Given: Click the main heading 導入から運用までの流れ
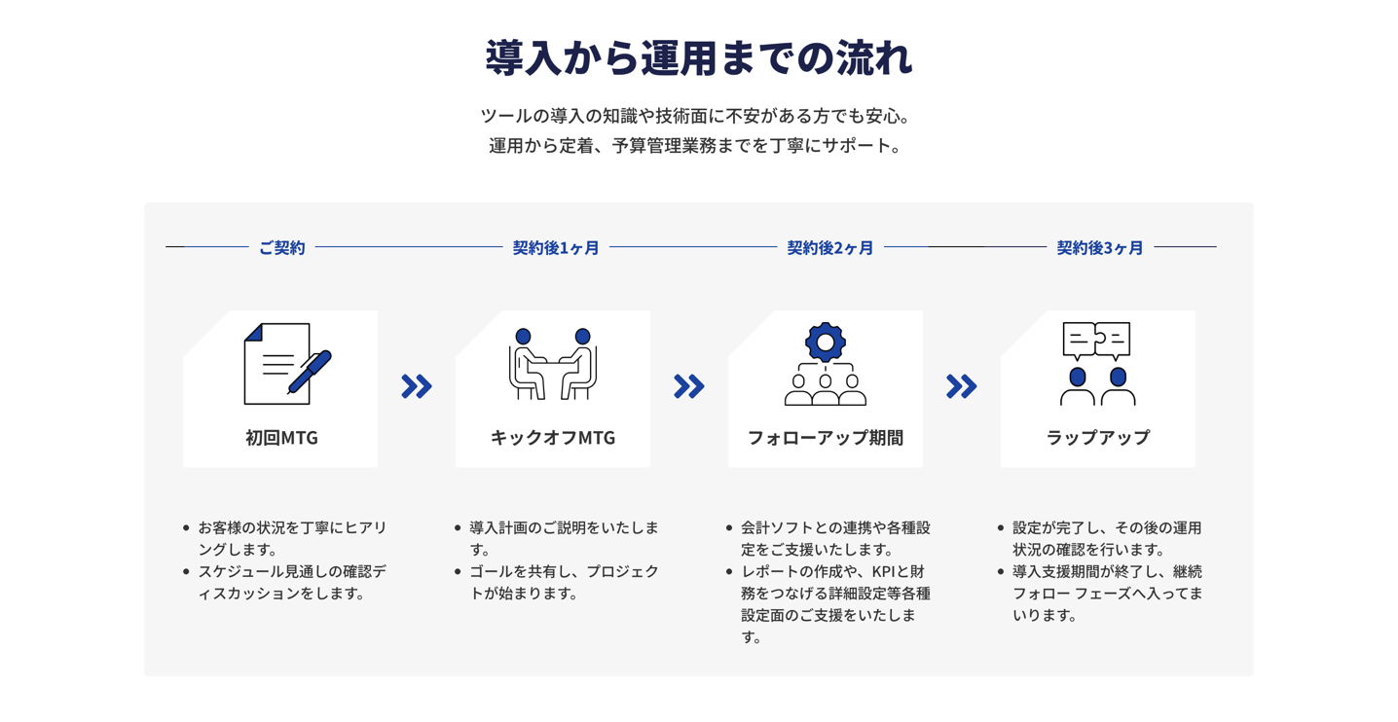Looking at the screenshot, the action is (699, 58).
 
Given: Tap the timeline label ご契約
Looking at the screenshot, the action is (282, 248).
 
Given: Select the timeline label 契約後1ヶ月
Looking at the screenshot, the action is (556, 248).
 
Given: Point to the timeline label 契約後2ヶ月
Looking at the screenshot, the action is (829, 248).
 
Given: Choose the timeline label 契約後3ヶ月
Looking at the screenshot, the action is (1100, 248).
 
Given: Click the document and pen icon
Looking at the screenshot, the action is (288, 364).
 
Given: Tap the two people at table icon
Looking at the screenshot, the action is (552, 364).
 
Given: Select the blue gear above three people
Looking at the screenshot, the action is (825, 342).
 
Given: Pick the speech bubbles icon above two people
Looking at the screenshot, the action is (1096, 341).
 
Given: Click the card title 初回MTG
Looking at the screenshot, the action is (281, 438).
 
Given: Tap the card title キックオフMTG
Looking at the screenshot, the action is (553, 438).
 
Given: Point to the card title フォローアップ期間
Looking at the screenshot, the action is (825, 438).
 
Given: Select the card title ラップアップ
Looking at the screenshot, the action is (1098, 438).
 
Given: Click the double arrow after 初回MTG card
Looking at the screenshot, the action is (417, 386).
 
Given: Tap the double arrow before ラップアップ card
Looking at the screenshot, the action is (961, 386).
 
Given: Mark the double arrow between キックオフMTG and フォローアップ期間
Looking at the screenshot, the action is (689, 386).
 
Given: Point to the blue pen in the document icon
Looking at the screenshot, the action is (310, 372).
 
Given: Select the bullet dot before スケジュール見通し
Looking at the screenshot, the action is (186, 571).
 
